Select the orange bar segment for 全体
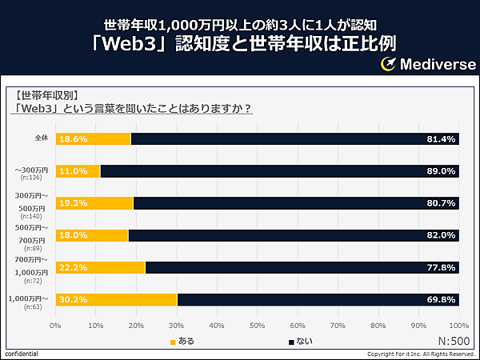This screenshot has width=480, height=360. [94, 139]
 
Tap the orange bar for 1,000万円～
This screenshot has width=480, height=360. [117, 299]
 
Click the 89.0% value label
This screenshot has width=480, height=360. [442, 171]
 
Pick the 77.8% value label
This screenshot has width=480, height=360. [442, 267]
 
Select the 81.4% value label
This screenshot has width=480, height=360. [442, 139]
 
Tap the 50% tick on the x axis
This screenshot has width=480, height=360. [257, 326]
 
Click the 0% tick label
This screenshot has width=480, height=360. [55, 326]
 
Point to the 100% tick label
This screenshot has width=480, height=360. [458, 326]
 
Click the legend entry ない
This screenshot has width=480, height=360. [300, 342]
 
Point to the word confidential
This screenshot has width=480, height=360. [21, 354]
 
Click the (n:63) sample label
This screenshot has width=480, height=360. [32, 306]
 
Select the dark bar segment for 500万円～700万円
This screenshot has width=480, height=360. [294, 235]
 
